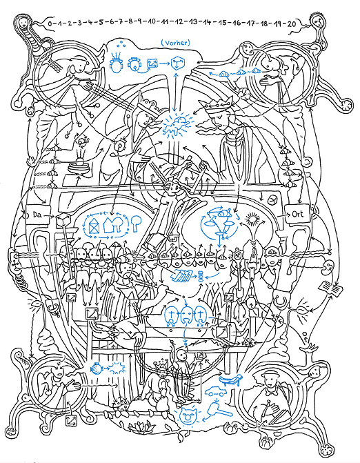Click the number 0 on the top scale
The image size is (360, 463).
[x=50, y=23]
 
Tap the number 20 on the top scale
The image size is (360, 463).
[x=291, y=23]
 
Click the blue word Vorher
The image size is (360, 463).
[x=176, y=43]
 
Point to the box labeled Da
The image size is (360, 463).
[x=37, y=215]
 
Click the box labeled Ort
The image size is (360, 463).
[x=297, y=213]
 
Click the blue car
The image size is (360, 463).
[x=215, y=391]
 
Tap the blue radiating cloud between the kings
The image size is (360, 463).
[x=176, y=125]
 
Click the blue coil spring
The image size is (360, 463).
[x=201, y=276]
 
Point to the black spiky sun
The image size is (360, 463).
[x=252, y=219]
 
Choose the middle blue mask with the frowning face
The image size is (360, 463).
[x=186, y=315]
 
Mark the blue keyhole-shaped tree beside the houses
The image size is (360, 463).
[x=137, y=223]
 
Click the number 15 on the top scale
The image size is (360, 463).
[x=223, y=23]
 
